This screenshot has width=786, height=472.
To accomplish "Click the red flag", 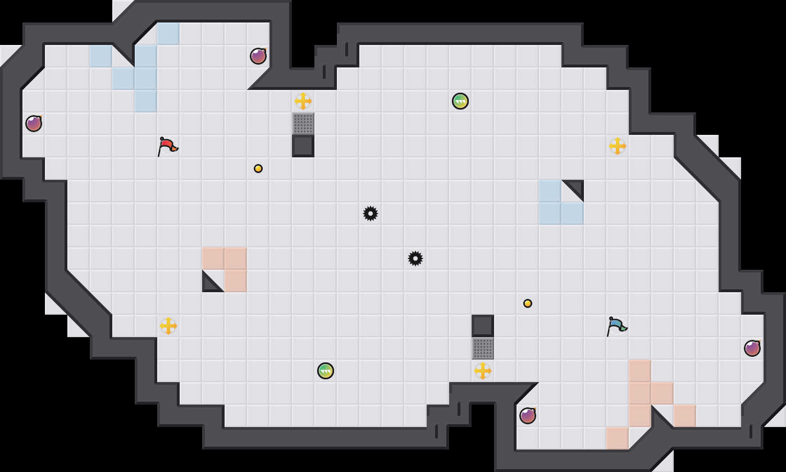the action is [167, 146].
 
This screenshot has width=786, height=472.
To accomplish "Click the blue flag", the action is [616, 326].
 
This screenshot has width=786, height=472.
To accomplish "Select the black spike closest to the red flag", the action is [371, 214].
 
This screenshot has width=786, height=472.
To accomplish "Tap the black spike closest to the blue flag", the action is [415, 258].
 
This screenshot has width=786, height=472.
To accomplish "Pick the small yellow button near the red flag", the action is [258, 169].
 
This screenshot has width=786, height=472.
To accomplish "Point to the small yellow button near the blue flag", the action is [528, 303].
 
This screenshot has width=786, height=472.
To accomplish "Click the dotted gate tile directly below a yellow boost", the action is [303, 124].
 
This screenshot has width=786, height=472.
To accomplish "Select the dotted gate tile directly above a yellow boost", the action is [483, 348].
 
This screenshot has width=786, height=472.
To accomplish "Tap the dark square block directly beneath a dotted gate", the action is [303, 146].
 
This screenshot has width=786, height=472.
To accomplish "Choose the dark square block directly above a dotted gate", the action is [483, 326].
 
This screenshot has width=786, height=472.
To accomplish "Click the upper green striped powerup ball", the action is [460, 101].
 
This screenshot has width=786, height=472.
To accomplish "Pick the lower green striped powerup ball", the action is [326, 371].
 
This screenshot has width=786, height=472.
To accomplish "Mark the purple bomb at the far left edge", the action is [34, 124].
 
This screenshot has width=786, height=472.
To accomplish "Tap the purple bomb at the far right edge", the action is [752, 348].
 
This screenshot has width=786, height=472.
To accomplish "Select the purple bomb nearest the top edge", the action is [258, 56].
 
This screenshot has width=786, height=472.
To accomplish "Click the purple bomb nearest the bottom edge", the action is [528, 416].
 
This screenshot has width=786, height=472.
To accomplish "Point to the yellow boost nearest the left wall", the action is [168, 326].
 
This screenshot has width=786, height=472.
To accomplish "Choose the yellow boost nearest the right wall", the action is [618, 146].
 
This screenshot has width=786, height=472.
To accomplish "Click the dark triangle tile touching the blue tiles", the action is [576, 188].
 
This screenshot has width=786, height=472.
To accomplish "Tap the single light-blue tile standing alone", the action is [101, 56].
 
